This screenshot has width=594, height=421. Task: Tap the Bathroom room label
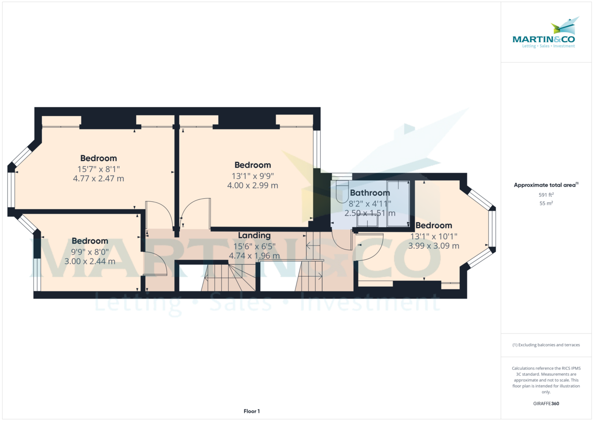370,192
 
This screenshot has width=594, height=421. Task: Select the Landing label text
254,236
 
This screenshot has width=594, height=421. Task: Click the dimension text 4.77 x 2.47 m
99,179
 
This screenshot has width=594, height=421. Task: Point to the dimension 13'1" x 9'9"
253,176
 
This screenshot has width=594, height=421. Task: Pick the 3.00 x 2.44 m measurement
90,261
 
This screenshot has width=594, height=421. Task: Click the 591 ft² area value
546,195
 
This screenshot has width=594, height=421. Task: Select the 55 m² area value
546,203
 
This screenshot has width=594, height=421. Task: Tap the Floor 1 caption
251,411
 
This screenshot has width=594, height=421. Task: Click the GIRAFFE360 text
546,404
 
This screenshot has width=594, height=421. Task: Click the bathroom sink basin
367,221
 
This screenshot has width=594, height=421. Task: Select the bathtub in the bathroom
398,204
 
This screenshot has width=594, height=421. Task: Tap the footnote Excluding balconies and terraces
546,345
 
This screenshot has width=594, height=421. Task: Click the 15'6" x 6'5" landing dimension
254,246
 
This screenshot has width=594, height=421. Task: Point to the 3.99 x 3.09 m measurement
434,246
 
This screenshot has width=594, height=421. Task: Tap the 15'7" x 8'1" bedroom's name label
99,158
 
